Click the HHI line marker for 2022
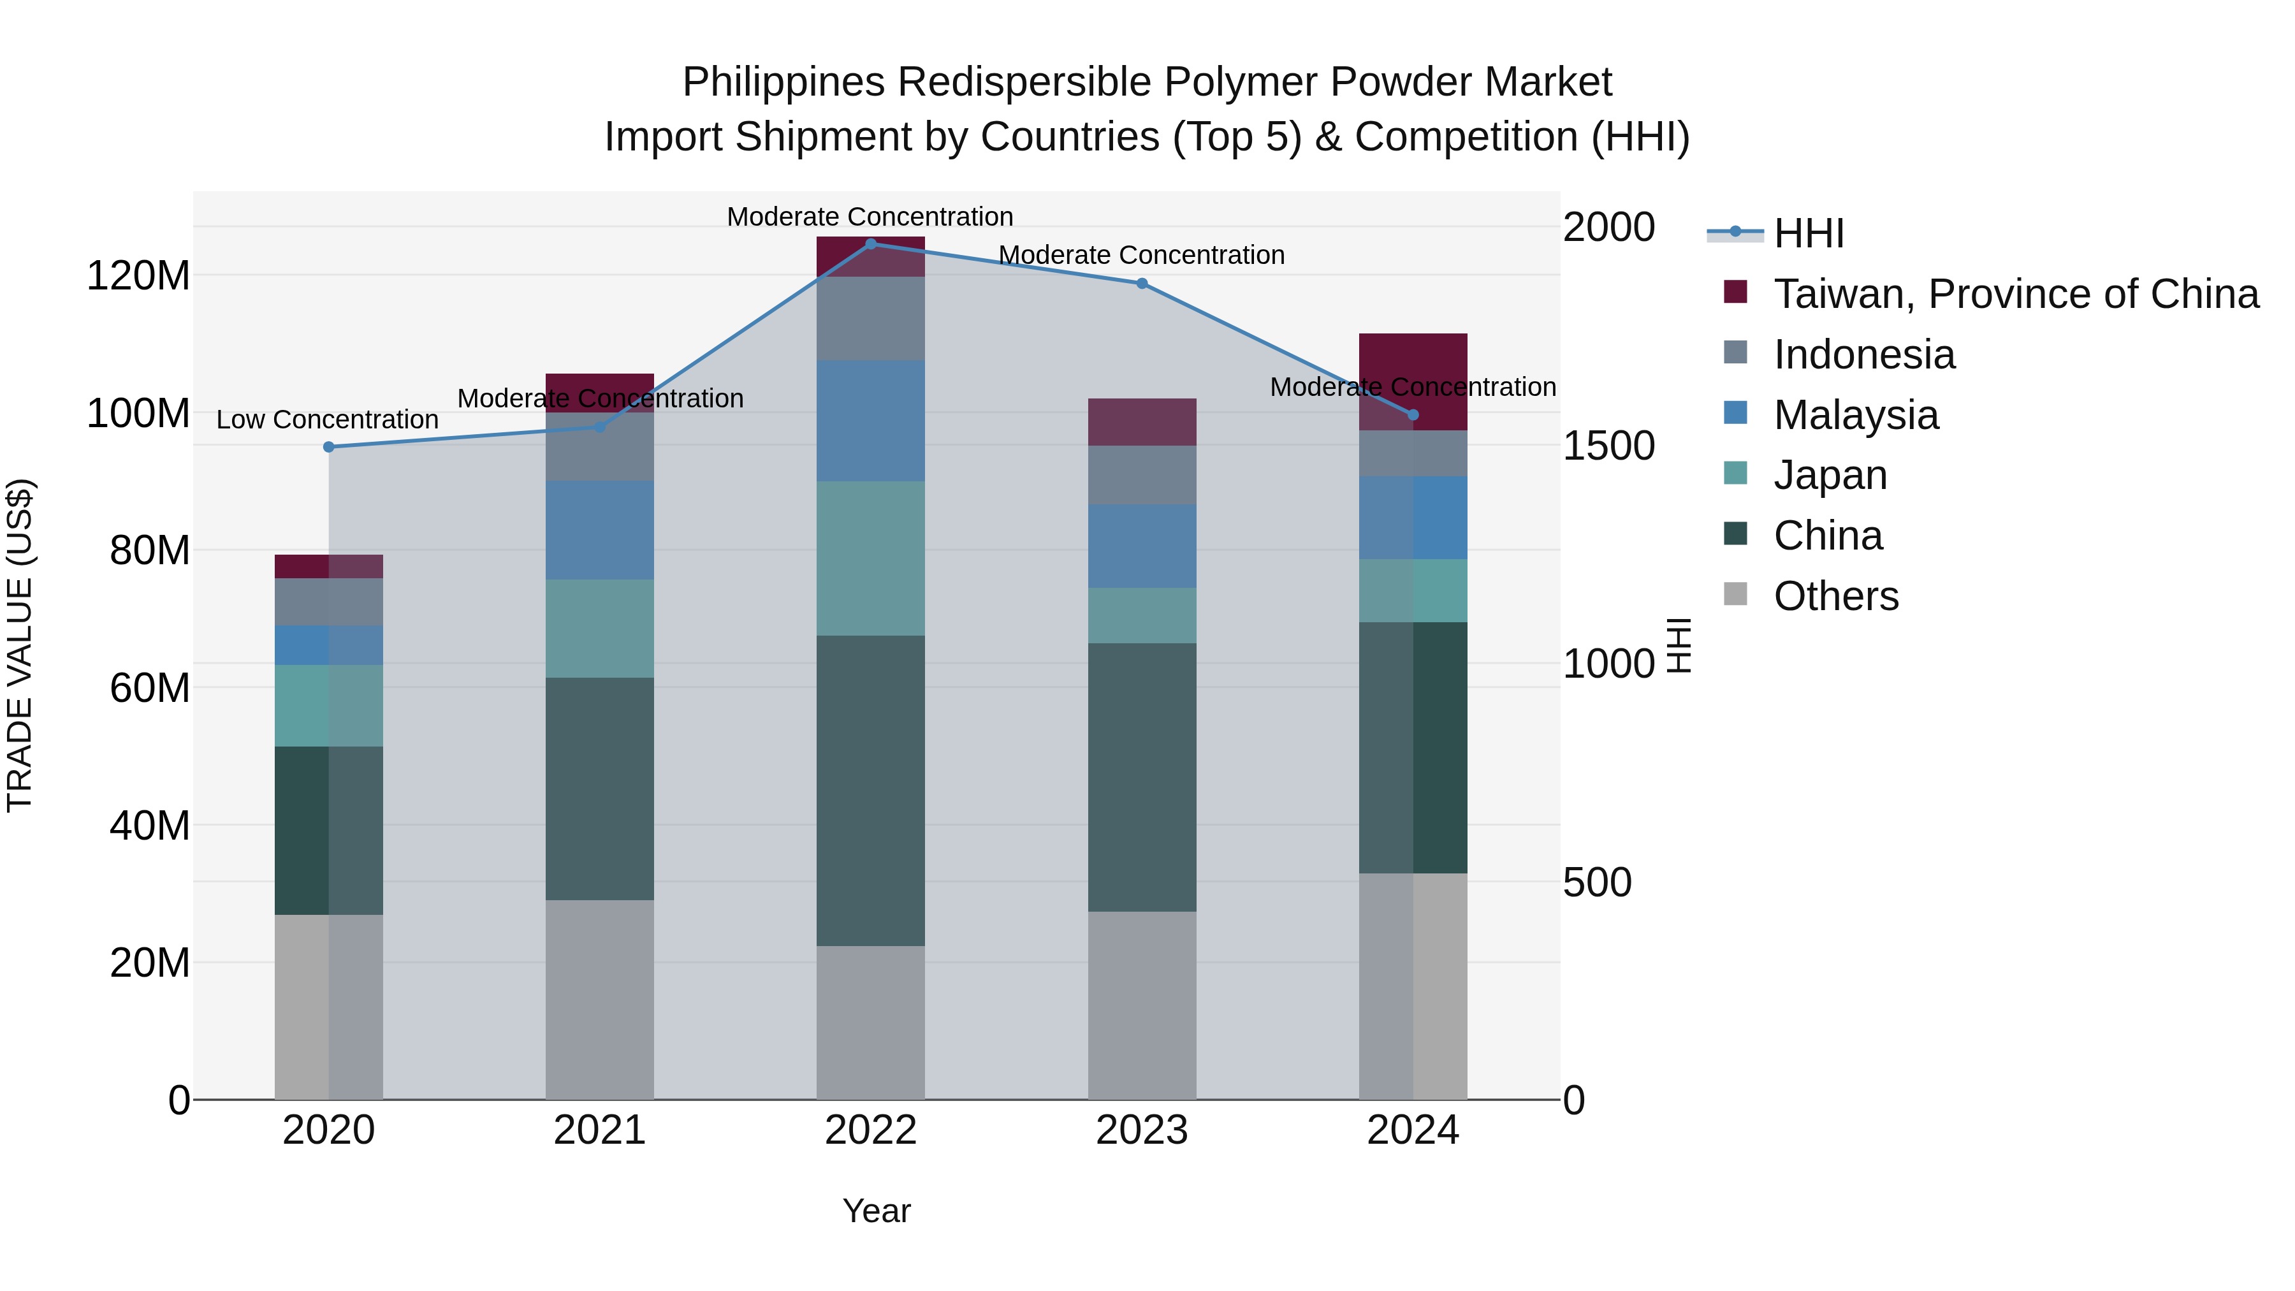pyautogui.click(x=870, y=244)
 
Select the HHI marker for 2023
pyautogui.click(x=1141, y=283)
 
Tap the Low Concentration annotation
pyautogui.click(x=327, y=419)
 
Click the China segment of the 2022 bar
pyautogui.click(x=870, y=791)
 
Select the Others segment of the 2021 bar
pyautogui.click(x=600, y=1000)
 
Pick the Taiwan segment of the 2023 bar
pyautogui.click(x=1141, y=422)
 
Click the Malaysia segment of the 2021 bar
pyautogui.click(x=600, y=530)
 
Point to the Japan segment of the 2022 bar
pyautogui.click(x=870, y=558)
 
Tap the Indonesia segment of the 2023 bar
pyautogui.click(x=1141, y=475)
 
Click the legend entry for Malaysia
pyautogui.click(x=1855, y=415)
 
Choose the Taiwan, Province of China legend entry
pyautogui.click(x=2015, y=294)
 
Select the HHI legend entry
pyautogui.click(x=1809, y=233)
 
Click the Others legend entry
pyautogui.click(x=1835, y=596)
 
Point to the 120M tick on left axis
pyautogui.click(x=138, y=275)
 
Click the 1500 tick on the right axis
pyautogui.click(x=1608, y=446)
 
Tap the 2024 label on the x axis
pyautogui.click(x=1412, y=1130)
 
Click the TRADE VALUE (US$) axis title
pyautogui.click(x=20, y=645)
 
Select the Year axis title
pyautogui.click(x=876, y=1211)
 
